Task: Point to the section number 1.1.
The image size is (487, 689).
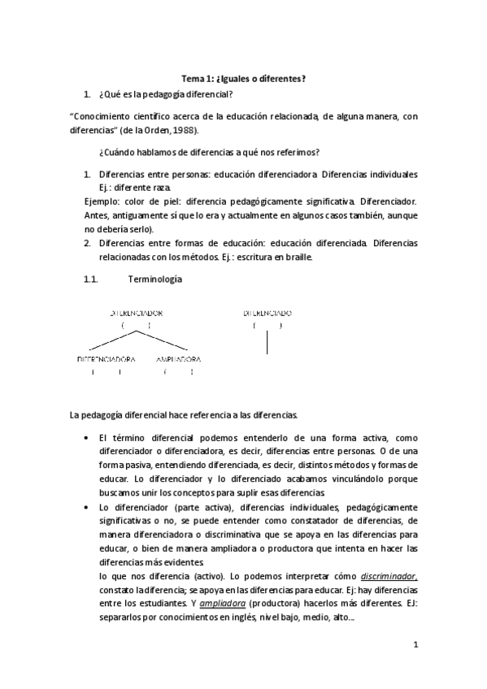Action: [x=91, y=280]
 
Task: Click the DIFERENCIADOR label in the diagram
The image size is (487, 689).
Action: [x=136, y=313]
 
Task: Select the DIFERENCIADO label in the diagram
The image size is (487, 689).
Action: [x=267, y=313]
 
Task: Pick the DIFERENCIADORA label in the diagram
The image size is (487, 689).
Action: [x=106, y=359]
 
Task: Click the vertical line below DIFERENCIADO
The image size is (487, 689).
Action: [x=267, y=343]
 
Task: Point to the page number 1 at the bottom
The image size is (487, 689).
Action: [x=415, y=645]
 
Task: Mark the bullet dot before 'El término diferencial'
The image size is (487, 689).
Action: [x=87, y=437]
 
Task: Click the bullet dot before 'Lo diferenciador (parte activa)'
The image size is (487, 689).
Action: [x=87, y=507]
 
